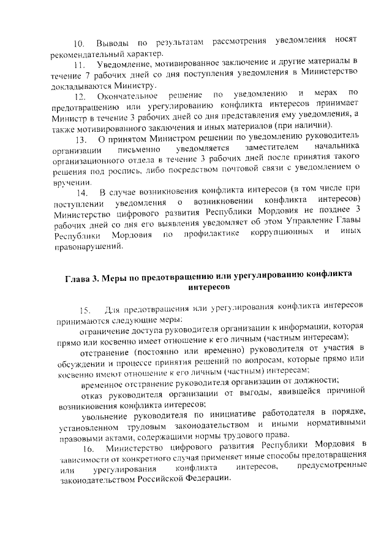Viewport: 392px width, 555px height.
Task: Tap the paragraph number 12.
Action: pos(79,96)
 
